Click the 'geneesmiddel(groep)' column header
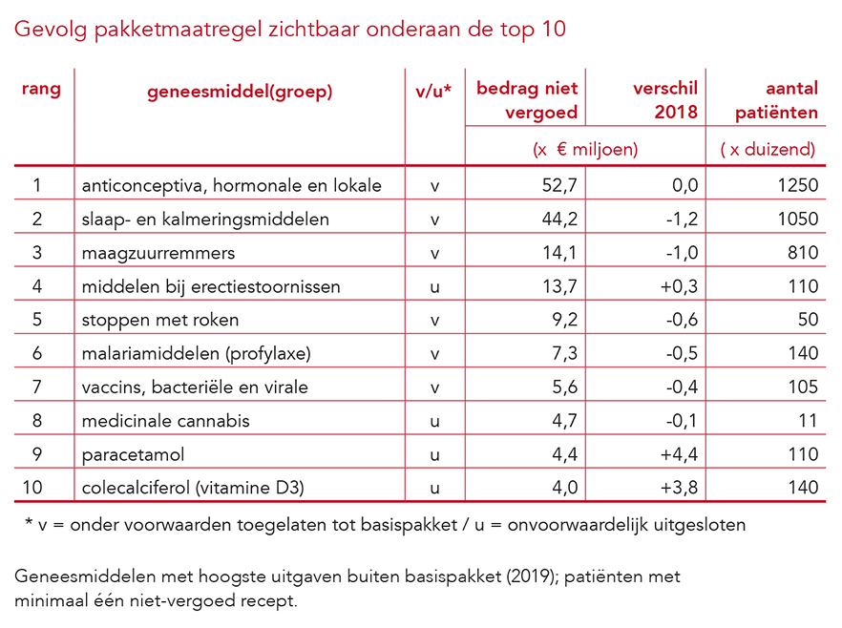240,93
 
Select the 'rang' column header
41,90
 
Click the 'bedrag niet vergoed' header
527,100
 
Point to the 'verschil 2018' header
666,100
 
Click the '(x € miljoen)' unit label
584,149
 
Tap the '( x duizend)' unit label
768,149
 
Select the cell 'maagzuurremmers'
158,253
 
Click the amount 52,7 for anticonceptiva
559,185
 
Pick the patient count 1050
797,219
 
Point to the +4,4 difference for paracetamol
680,454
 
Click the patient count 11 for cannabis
809,420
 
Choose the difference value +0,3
680,286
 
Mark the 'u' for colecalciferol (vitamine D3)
434,488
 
